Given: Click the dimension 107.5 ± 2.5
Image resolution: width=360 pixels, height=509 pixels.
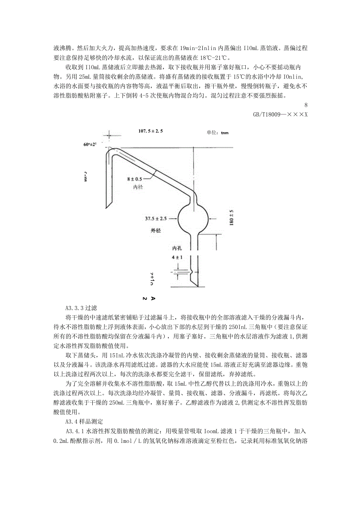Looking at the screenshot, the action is click(151, 131).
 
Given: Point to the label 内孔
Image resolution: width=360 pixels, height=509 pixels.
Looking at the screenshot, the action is click(178, 248).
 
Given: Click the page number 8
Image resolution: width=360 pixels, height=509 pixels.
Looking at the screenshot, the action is click(306, 105).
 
